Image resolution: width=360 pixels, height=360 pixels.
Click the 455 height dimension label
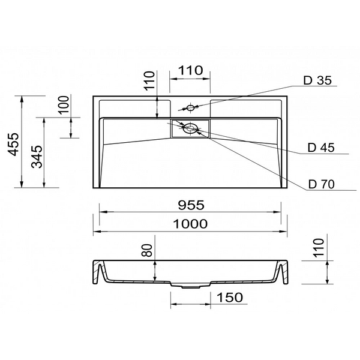[x=13, y=144]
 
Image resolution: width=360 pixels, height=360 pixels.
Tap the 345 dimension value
[x=37, y=157]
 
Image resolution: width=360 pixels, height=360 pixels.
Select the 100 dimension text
[x=64, y=104]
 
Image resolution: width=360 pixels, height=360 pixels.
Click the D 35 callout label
[x=317, y=80]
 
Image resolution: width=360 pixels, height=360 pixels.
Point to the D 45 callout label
[x=321, y=148]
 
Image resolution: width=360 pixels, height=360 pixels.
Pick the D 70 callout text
[x=322, y=184]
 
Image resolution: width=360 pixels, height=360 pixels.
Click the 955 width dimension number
[x=191, y=205]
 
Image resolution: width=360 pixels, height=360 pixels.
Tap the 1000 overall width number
[x=190, y=224]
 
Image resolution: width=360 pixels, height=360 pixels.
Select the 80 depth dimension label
[x=147, y=250]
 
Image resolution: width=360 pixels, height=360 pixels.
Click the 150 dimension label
[x=230, y=298]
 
